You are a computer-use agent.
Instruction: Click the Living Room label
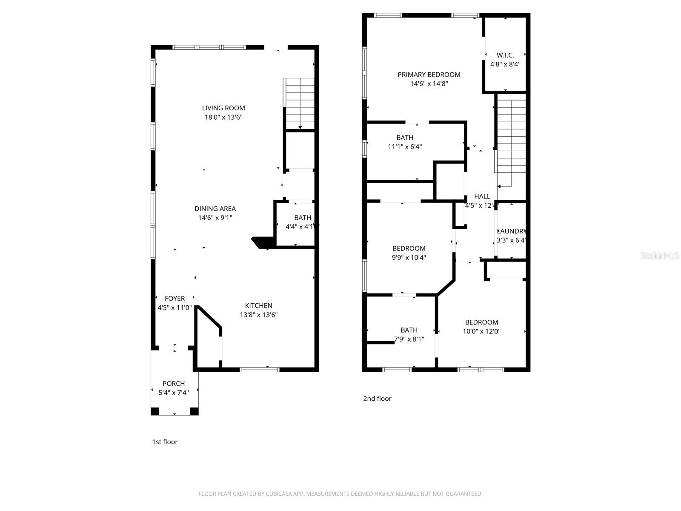pyautogui.click(x=223, y=108)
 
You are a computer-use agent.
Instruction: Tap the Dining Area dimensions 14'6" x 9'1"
pyautogui.click(x=215, y=218)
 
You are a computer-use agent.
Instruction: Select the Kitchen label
pyautogui.click(x=258, y=306)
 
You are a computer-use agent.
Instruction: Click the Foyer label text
pyautogui.click(x=175, y=299)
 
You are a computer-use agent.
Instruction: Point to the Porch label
pyautogui.click(x=174, y=384)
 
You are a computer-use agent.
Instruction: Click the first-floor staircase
pyautogui.click(x=300, y=103)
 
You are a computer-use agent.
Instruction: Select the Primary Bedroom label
pyautogui.click(x=429, y=75)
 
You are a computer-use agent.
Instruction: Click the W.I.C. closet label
pyautogui.click(x=505, y=55)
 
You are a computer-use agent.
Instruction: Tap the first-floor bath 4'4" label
pyautogui.click(x=302, y=218)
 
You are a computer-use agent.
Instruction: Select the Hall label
pyautogui.click(x=482, y=197)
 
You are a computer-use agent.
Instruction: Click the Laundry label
pyautogui.click(x=512, y=231)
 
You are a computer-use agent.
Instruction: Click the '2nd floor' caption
pyautogui.click(x=377, y=399)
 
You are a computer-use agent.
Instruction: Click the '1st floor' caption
pyautogui.click(x=165, y=442)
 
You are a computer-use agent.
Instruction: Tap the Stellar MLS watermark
pyautogui.click(x=659, y=255)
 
